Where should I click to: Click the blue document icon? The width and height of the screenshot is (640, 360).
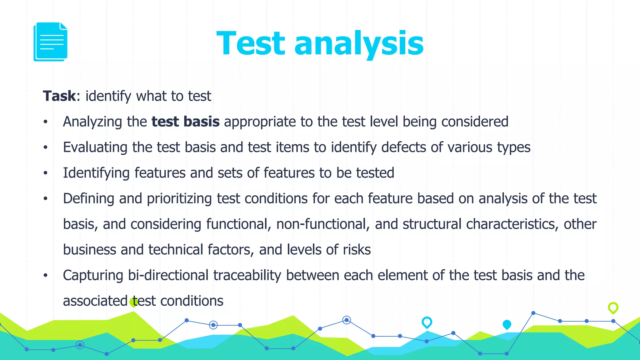point(50,42)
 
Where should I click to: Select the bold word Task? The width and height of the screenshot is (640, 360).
point(59,96)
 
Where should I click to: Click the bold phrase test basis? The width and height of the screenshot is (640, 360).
point(185,122)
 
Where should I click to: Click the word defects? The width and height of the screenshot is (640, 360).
point(403,147)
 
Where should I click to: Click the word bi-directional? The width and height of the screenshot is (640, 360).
point(168,275)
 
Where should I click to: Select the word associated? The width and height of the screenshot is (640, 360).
point(95,301)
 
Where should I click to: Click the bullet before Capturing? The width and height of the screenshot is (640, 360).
point(46,275)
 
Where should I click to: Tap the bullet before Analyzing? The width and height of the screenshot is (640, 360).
point(46,122)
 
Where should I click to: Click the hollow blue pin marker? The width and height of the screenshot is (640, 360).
point(427,322)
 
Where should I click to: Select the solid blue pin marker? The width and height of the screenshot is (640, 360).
point(507,325)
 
